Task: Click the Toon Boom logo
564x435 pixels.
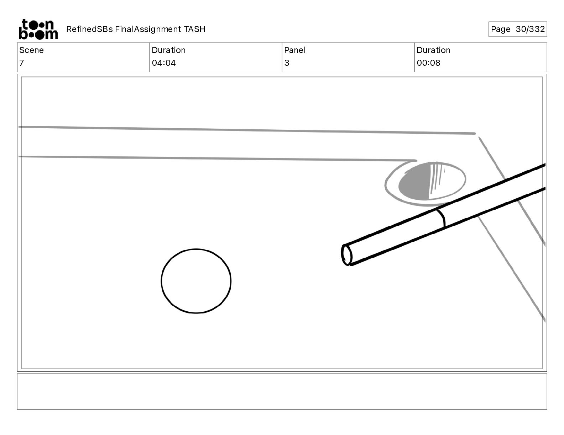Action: tap(38, 29)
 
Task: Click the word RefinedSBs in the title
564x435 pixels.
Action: tap(89, 29)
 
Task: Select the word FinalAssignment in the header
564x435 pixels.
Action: tap(148, 29)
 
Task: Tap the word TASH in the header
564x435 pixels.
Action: tap(195, 29)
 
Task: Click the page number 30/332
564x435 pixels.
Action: tap(530, 29)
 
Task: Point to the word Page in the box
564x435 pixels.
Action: tap(500, 29)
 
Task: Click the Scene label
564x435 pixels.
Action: tap(31, 50)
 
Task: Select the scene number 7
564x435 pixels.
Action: tap(22, 63)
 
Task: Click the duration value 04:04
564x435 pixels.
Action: tap(164, 63)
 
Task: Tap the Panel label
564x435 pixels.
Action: tap(295, 50)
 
